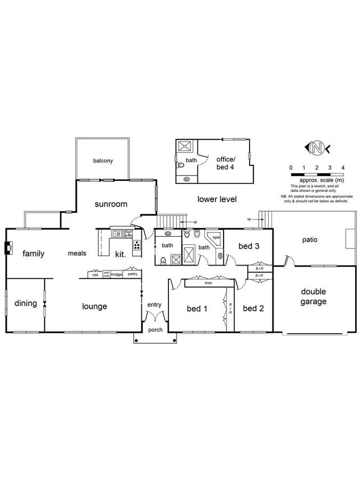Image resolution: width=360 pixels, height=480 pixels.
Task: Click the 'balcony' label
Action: coord(103,161)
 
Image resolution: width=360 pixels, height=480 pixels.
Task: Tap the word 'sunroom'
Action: coord(111,204)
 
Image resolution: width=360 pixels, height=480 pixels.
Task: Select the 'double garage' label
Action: coord(314,296)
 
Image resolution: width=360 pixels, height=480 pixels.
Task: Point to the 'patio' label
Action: coord(309,239)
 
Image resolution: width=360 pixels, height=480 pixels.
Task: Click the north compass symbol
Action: coord(318,147)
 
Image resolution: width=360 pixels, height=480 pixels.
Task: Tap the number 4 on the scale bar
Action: coord(343,167)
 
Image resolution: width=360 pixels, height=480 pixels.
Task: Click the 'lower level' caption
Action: coord(217,199)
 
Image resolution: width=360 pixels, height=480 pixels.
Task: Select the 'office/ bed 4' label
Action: coord(226,163)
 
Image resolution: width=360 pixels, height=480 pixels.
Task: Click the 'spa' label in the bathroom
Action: coord(216,237)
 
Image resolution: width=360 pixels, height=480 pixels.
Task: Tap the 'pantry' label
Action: coord(133,274)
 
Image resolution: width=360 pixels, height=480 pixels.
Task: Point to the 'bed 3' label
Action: coord(249,246)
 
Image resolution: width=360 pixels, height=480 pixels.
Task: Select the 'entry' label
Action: coord(154,305)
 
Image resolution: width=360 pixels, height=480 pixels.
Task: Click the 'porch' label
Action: coord(155,330)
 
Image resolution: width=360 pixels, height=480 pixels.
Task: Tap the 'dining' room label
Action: coord(26,303)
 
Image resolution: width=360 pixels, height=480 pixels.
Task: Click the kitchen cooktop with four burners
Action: coord(137,246)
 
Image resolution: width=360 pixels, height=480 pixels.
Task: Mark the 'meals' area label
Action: coord(77,254)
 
